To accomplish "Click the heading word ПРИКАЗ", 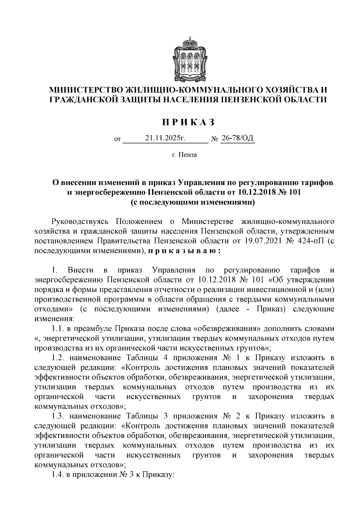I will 189,122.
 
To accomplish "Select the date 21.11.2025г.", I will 166,138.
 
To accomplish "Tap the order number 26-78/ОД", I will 237,138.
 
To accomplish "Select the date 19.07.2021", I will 260,241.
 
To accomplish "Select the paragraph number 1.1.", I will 57,329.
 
